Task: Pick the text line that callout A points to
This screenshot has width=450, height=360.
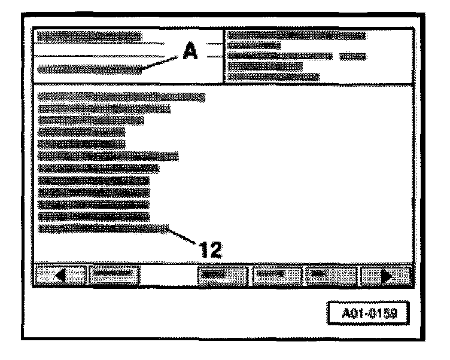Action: tap(90, 69)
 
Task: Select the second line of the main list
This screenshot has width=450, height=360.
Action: tap(104, 109)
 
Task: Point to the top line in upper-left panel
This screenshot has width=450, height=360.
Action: tap(90, 37)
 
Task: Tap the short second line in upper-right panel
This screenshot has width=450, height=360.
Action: tap(254, 46)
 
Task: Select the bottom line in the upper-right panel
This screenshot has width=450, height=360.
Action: tap(273, 77)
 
